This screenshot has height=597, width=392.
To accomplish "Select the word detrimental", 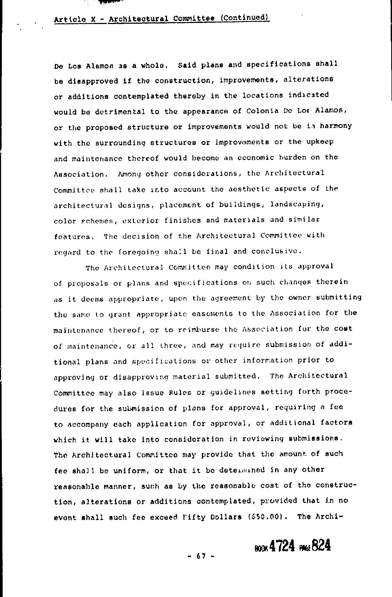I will click(x=120, y=112).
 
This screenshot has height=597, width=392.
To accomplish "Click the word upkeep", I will click(x=320, y=142).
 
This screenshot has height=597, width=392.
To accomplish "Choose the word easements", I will click(x=212, y=314).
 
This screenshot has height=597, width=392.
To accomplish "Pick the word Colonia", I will click(x=262, y=111).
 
